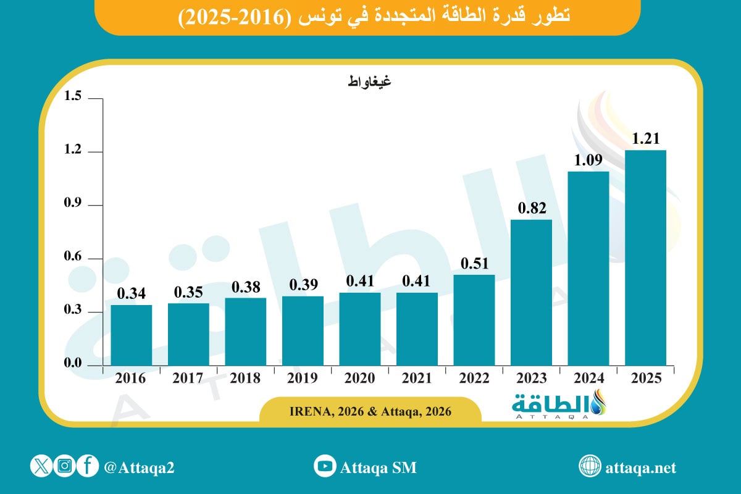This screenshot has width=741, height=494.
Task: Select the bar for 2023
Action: [531, 293]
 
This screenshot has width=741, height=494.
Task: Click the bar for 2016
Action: [132, 335]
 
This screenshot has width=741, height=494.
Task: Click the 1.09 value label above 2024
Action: [588, 161]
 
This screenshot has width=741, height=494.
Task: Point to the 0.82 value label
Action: [531, 209]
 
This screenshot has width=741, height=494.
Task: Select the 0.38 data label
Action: [246, 287]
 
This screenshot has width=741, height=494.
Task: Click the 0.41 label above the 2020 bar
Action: [360, 282]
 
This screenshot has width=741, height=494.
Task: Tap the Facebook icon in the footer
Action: [88, 467]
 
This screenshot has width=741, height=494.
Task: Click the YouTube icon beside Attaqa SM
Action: [325, 467]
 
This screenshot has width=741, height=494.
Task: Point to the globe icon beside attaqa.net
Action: [590, 467]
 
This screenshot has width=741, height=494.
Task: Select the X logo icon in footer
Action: [41, 467]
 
